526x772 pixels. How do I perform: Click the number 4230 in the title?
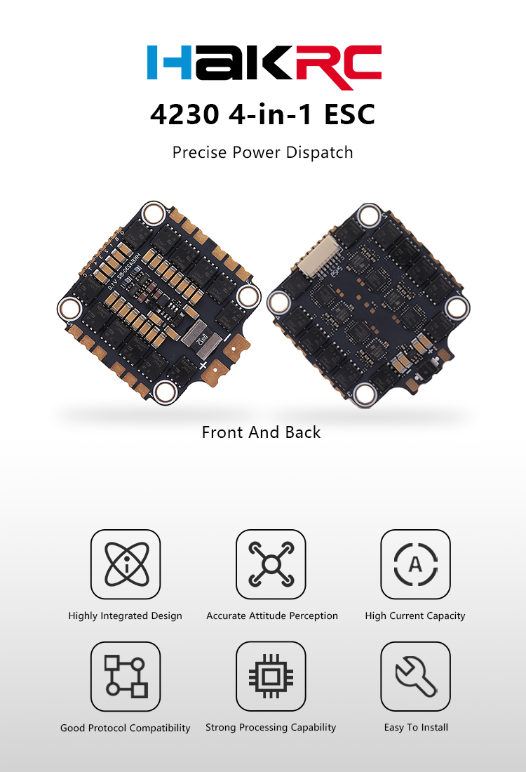point(184,114)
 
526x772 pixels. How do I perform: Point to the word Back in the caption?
point(303,432)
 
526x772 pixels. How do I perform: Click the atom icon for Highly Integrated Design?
point(126,564)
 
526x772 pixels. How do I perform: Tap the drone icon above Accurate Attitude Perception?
point(271,564)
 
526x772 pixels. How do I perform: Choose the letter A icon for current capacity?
point(415,564)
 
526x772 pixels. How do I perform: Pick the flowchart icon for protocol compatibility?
point(126,677)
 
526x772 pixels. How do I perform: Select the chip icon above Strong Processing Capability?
point(271,677)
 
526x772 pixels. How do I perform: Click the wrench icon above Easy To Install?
point(415,677)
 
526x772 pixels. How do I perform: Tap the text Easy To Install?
point(416,728)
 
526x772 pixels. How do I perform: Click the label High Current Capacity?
point(415,615)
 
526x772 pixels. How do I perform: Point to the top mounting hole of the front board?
point(153,213)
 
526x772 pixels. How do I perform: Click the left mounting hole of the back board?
point(278,302)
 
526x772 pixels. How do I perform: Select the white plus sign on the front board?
point(203,366)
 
